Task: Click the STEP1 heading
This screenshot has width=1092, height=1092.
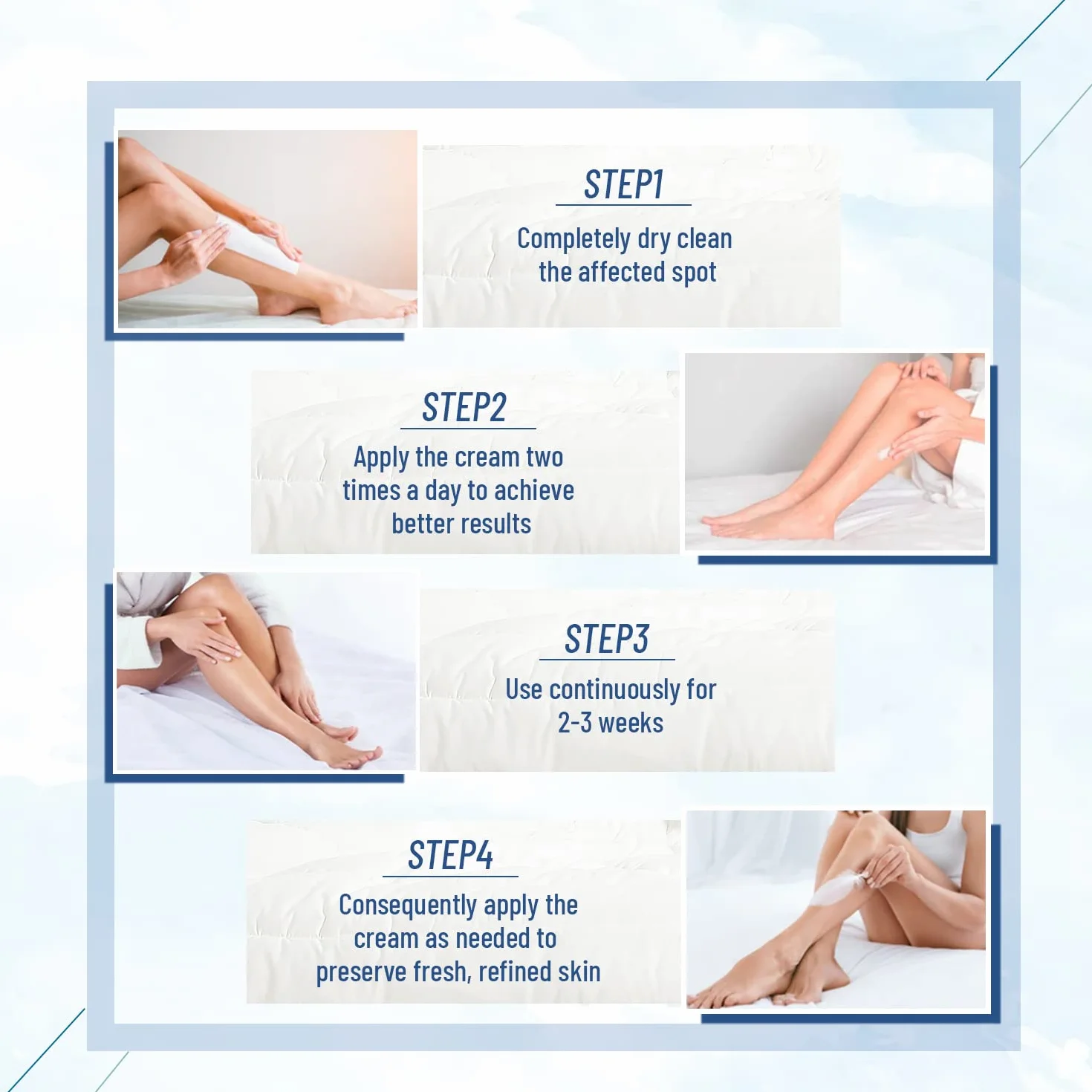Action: point(623,184)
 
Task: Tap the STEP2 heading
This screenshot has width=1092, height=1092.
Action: point(464,407)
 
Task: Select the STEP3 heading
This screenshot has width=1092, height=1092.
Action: point(606,639)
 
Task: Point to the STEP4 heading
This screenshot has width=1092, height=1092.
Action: point(450,856)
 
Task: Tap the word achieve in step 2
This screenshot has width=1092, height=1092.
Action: point(534,491)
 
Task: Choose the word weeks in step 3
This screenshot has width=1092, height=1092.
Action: point(630,724)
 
